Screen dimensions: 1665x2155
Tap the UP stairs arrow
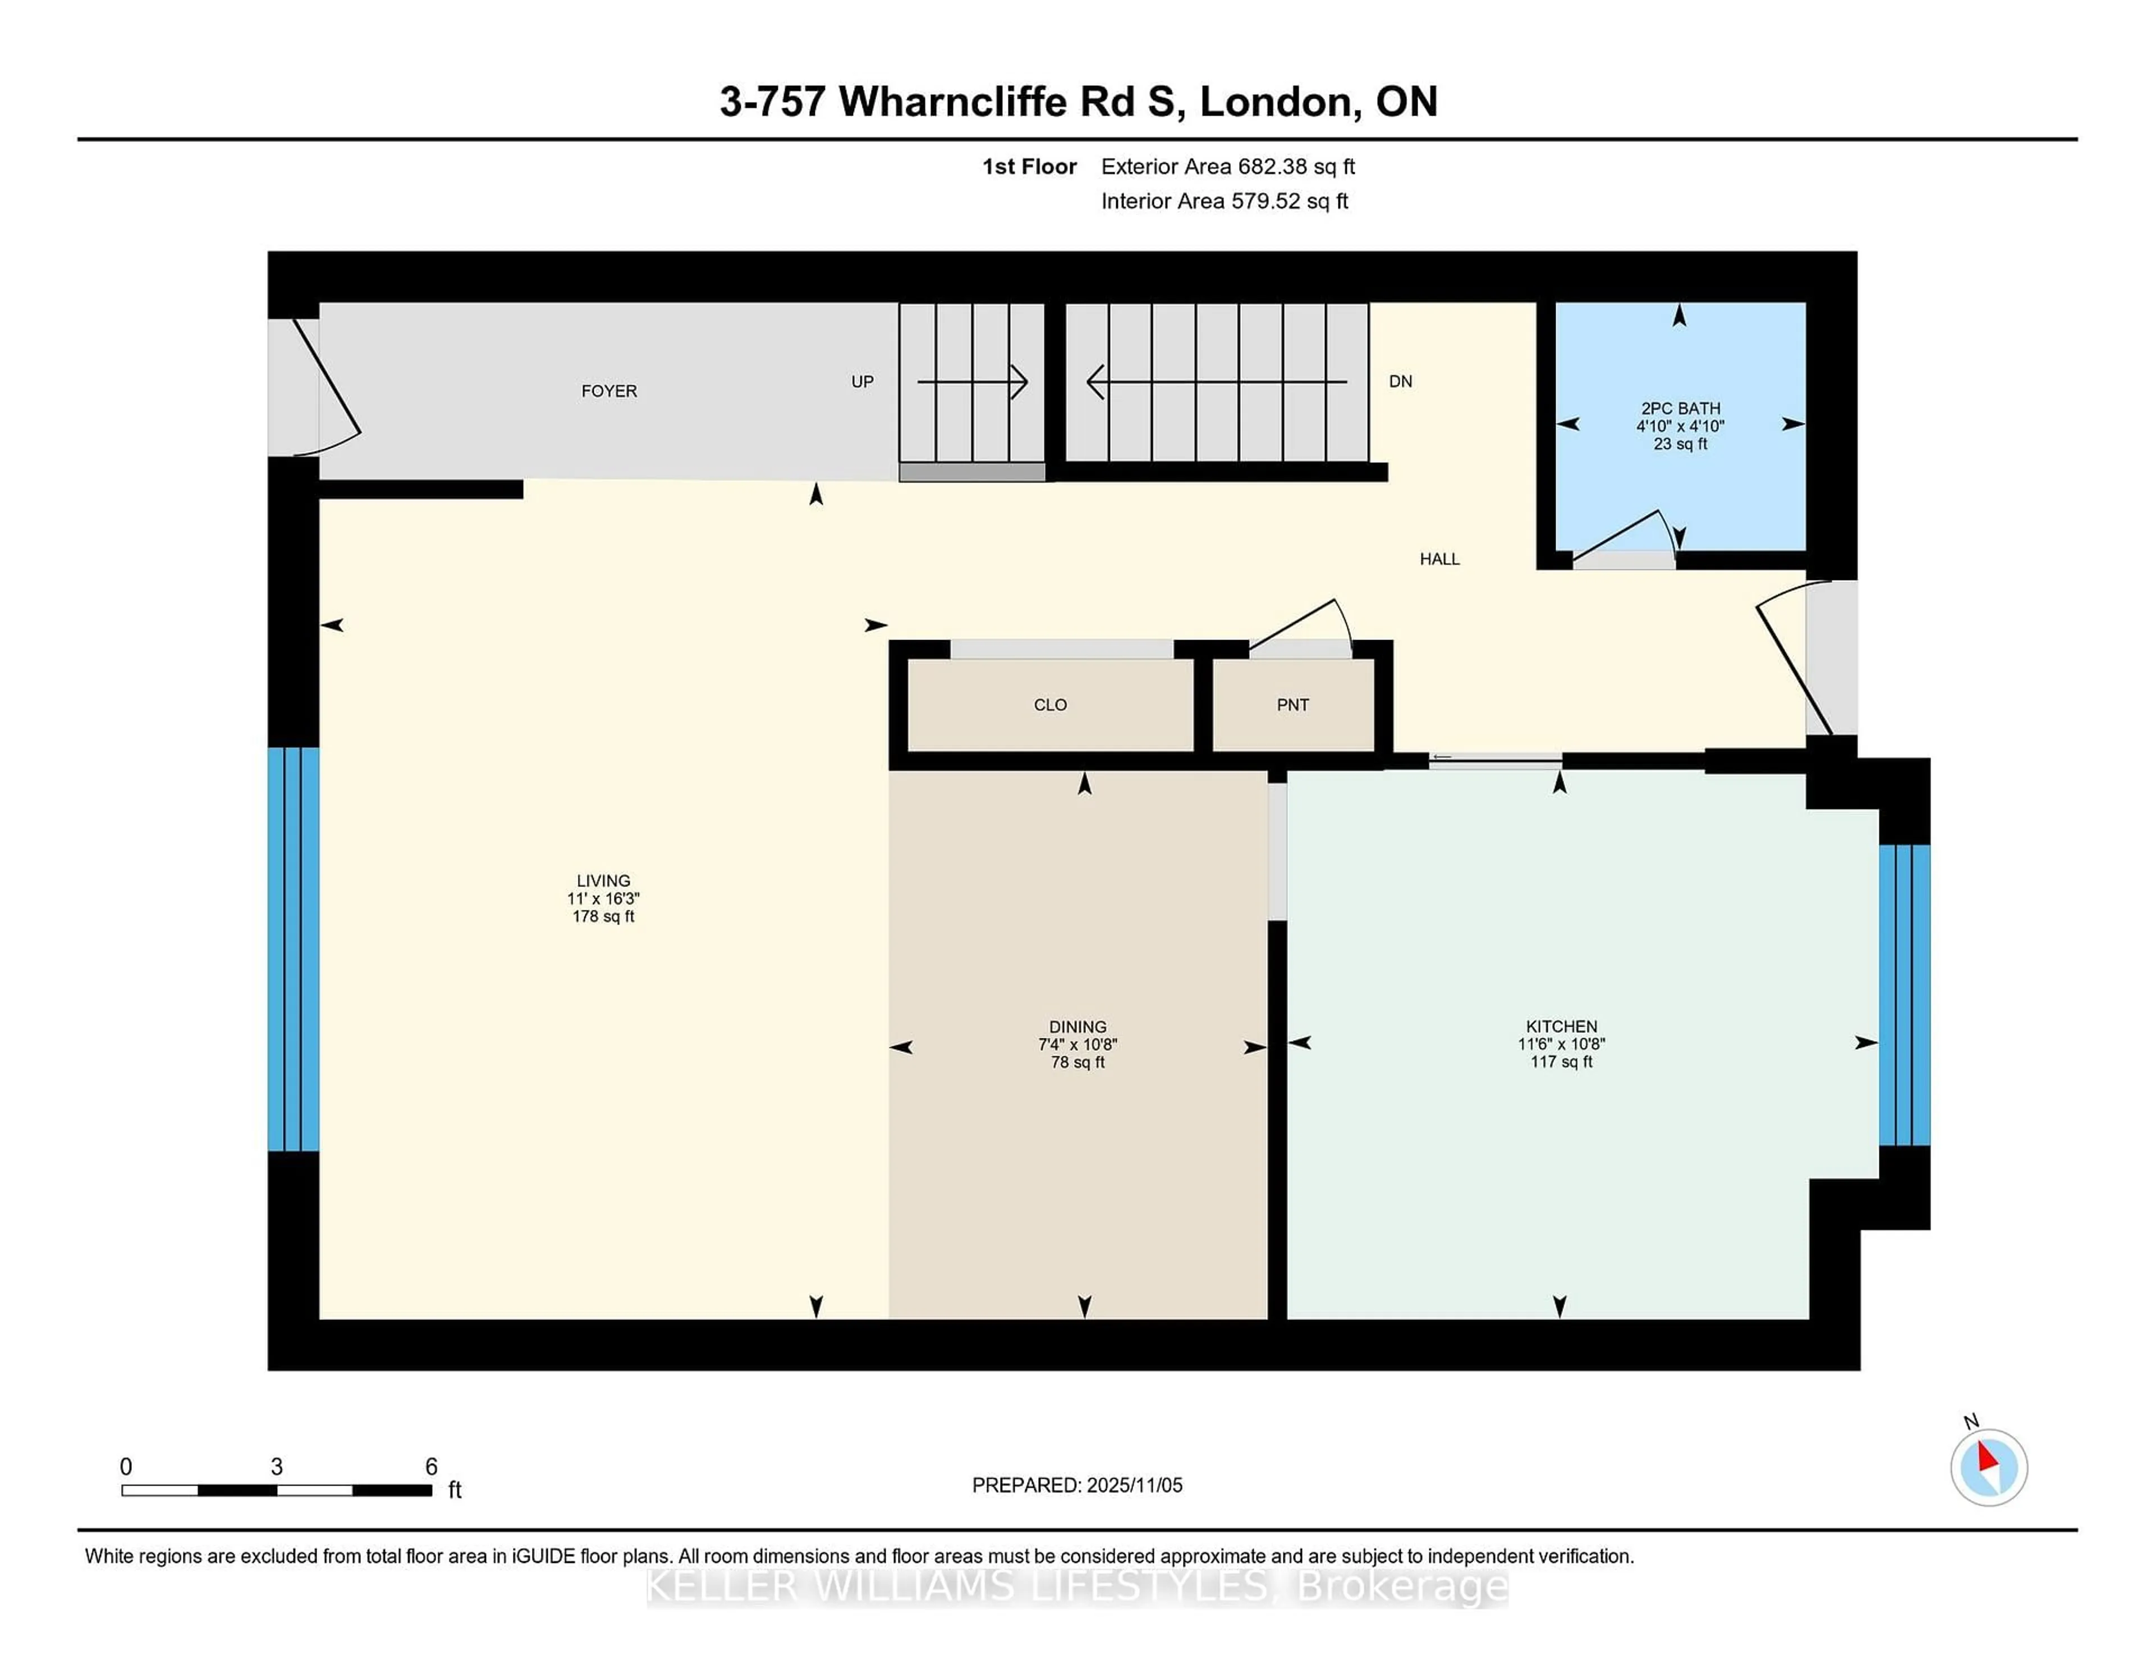pos(972,381)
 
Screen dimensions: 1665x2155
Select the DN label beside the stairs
pos(1400,381)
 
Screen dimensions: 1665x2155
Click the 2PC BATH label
pos(1680,408)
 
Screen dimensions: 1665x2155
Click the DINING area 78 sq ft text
pos(1077,1063)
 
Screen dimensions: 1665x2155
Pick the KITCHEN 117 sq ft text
pos(1561,1063)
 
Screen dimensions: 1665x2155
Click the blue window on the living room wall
pos(293,949)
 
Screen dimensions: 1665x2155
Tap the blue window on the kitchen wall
pos(1904,994)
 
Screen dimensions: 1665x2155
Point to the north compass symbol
pos(1988,1467)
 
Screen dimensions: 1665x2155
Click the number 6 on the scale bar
pos(430,1467)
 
